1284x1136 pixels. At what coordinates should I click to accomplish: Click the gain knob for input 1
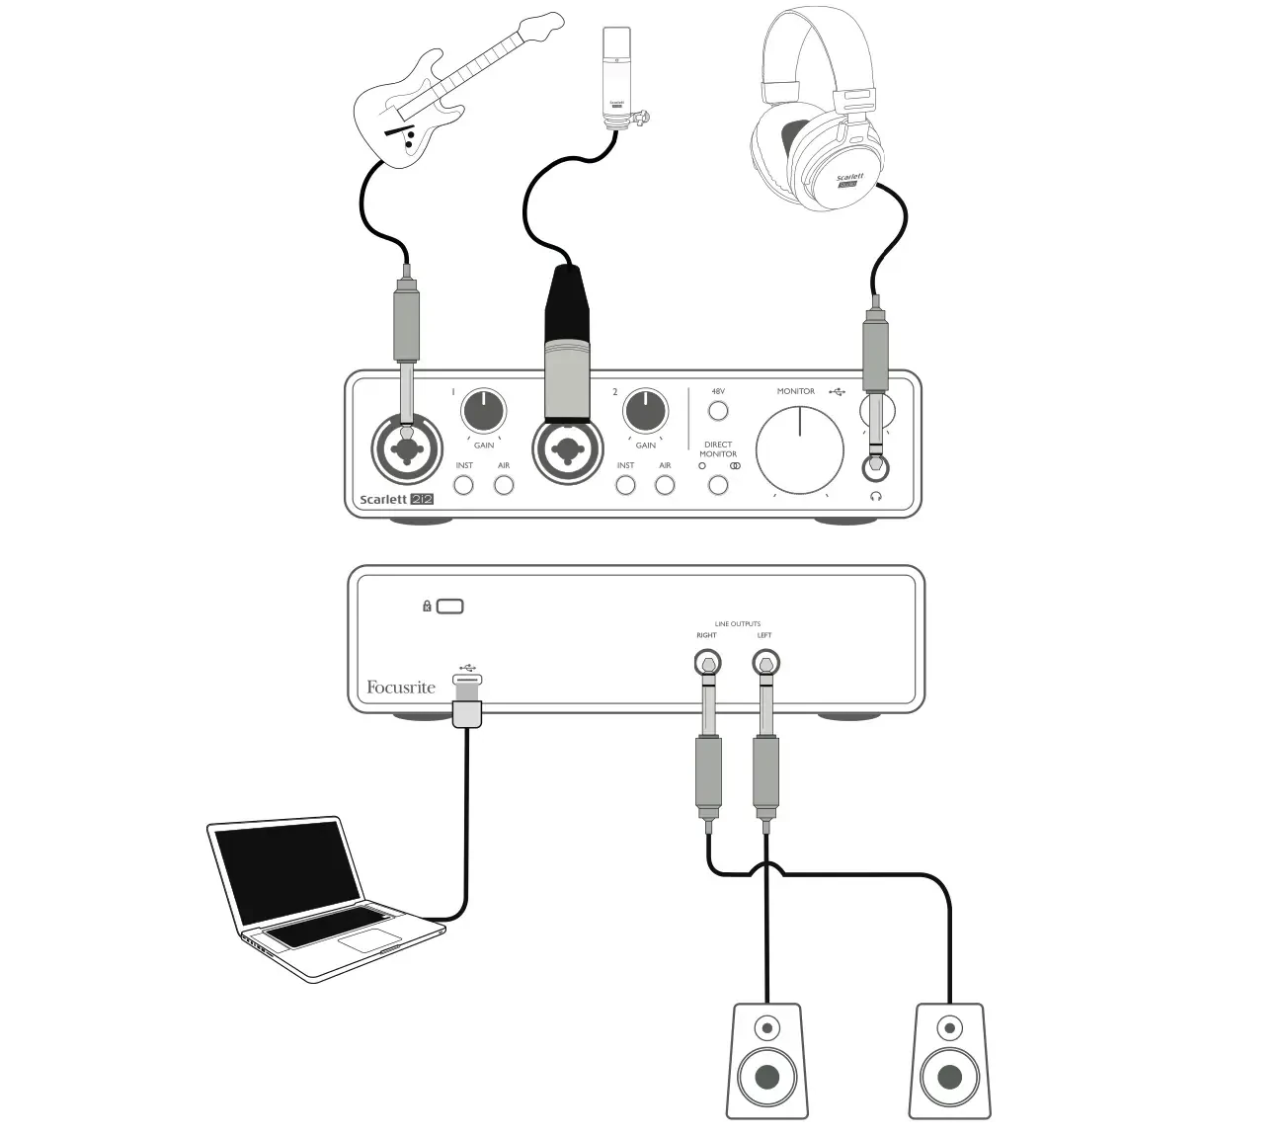(483, 411)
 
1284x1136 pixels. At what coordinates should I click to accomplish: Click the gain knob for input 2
(645, 411)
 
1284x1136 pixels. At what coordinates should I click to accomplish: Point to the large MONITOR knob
(800, 449)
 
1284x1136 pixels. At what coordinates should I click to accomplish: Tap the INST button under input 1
(463, 485)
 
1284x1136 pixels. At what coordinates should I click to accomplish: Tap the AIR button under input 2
(665, 485)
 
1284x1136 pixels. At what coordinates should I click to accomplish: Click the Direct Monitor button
(718, 485)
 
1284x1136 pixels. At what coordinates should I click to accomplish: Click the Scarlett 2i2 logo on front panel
(396, 499)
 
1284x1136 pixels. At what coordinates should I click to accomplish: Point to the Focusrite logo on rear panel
(400, 688)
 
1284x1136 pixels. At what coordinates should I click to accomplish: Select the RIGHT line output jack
(707, 662)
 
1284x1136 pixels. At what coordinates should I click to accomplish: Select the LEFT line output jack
(765, 662)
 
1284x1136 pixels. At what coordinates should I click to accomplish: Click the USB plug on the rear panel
(467, 701)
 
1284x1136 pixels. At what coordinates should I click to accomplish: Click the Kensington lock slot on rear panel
(449, 606)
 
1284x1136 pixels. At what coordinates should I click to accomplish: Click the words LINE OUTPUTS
(737, 624)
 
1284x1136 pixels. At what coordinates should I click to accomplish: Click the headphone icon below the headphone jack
(875, 497)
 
